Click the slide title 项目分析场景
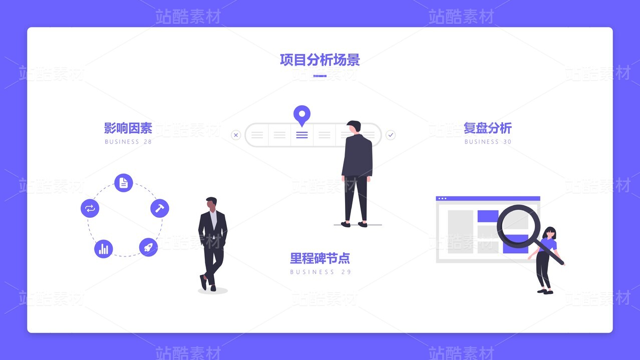319,60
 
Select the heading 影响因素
128,128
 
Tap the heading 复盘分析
487,128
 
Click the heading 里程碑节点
320,258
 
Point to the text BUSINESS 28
128,142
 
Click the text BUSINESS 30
488,142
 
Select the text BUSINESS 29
321,272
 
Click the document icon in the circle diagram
124,183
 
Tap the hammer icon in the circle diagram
160,208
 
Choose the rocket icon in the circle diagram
148,247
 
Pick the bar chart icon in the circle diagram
104,249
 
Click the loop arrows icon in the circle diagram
90,208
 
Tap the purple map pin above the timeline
302,115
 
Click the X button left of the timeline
236,135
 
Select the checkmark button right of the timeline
391,135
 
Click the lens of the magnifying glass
519,226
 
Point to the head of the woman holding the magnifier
550,233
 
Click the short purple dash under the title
319,76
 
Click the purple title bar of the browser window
488,198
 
